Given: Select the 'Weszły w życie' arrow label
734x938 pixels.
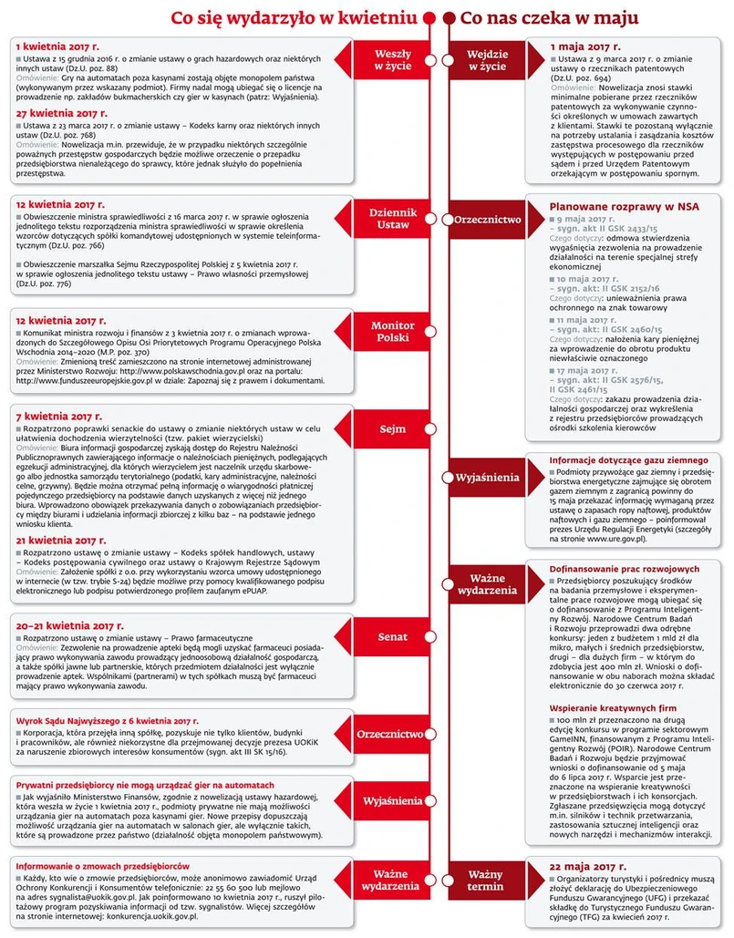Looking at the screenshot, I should point(392,61).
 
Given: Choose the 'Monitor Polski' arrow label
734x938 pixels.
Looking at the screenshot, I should point(392,333).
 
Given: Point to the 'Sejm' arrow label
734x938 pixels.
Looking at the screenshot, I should point(392,428).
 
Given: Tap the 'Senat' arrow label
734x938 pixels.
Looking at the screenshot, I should point(392,636).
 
